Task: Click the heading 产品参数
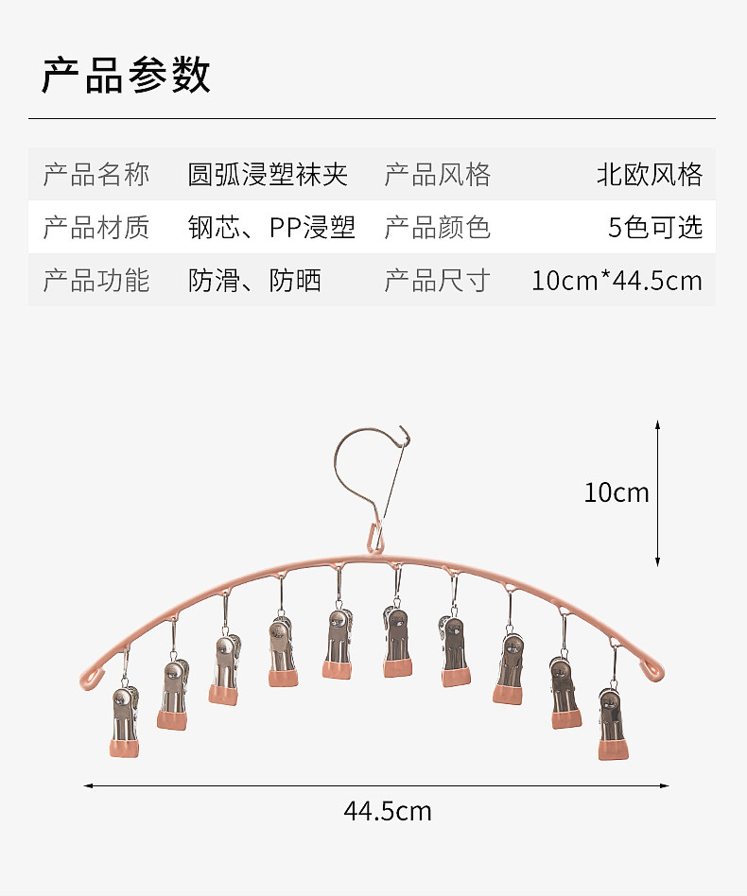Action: point(126,76)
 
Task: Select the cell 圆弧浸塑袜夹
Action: point(268,175)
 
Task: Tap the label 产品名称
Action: point(96,175)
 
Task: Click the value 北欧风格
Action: point(650,175)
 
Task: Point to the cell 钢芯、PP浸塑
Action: point(271,228)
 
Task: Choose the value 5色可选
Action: point(655,228)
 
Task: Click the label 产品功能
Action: point(96,281)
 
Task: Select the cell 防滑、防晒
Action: point(254,281)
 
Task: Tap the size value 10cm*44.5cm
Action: point(617,281)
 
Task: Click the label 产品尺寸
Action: point(437,281)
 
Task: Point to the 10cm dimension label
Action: point(617,492)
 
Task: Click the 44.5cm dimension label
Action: point(388,811)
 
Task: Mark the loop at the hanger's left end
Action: point(90,677)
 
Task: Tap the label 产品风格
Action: point(437,175)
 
